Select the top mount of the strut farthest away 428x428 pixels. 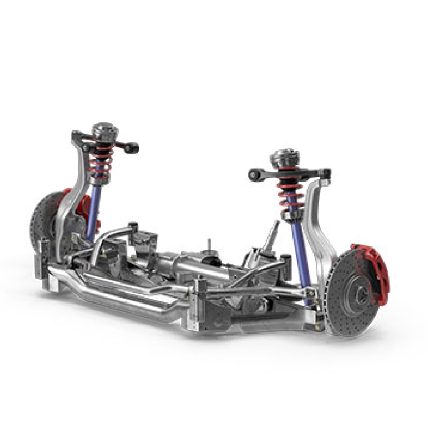(104, 131)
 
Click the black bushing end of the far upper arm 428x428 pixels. (133, 148)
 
